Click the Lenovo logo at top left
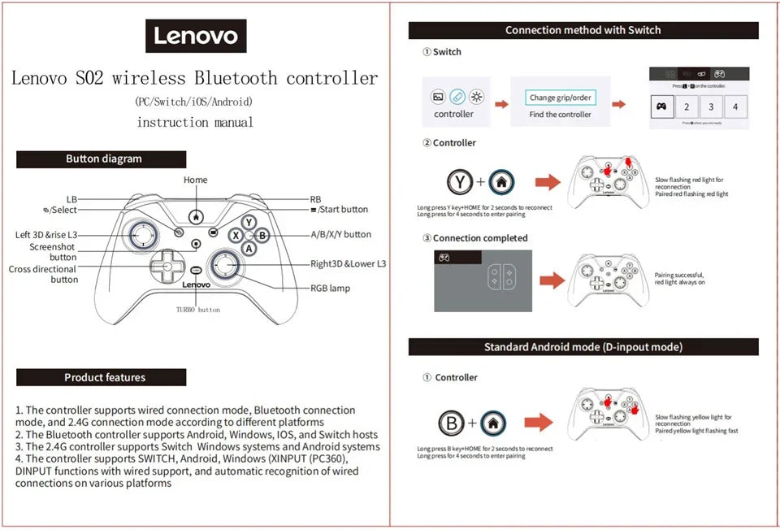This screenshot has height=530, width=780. (196, 36)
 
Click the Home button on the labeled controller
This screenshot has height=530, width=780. (196, 217)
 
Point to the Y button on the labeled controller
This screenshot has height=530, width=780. (249, 222)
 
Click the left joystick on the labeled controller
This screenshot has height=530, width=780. (143, 234)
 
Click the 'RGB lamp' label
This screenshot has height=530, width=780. (330, 288)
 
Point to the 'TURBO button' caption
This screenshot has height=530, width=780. (197, 310)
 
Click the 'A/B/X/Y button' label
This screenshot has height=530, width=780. (340, 234)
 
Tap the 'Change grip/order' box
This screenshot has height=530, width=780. (560, 98)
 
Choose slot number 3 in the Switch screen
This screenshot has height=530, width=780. (711, 106)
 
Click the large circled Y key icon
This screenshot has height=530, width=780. (461, 182)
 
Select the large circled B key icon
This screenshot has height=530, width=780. (452, 423)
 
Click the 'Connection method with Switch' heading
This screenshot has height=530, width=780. (583, 30)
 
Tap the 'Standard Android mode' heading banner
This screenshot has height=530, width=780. (583, 347)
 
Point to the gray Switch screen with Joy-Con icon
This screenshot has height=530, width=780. (483, 280)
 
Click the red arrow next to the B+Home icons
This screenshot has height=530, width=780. (538, 423)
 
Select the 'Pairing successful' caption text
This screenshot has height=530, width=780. (680, 279)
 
